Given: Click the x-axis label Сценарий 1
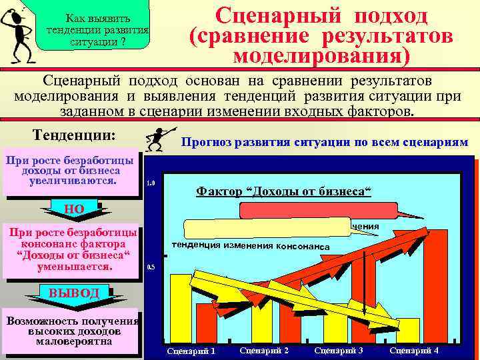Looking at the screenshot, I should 191,351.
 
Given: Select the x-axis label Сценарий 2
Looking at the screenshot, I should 263,351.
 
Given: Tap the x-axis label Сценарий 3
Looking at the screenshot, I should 338,351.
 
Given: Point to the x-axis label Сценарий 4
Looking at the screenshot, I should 414,351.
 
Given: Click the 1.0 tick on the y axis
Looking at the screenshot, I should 150,183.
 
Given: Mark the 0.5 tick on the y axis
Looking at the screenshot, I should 150,267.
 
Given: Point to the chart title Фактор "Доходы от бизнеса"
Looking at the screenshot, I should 283,191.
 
